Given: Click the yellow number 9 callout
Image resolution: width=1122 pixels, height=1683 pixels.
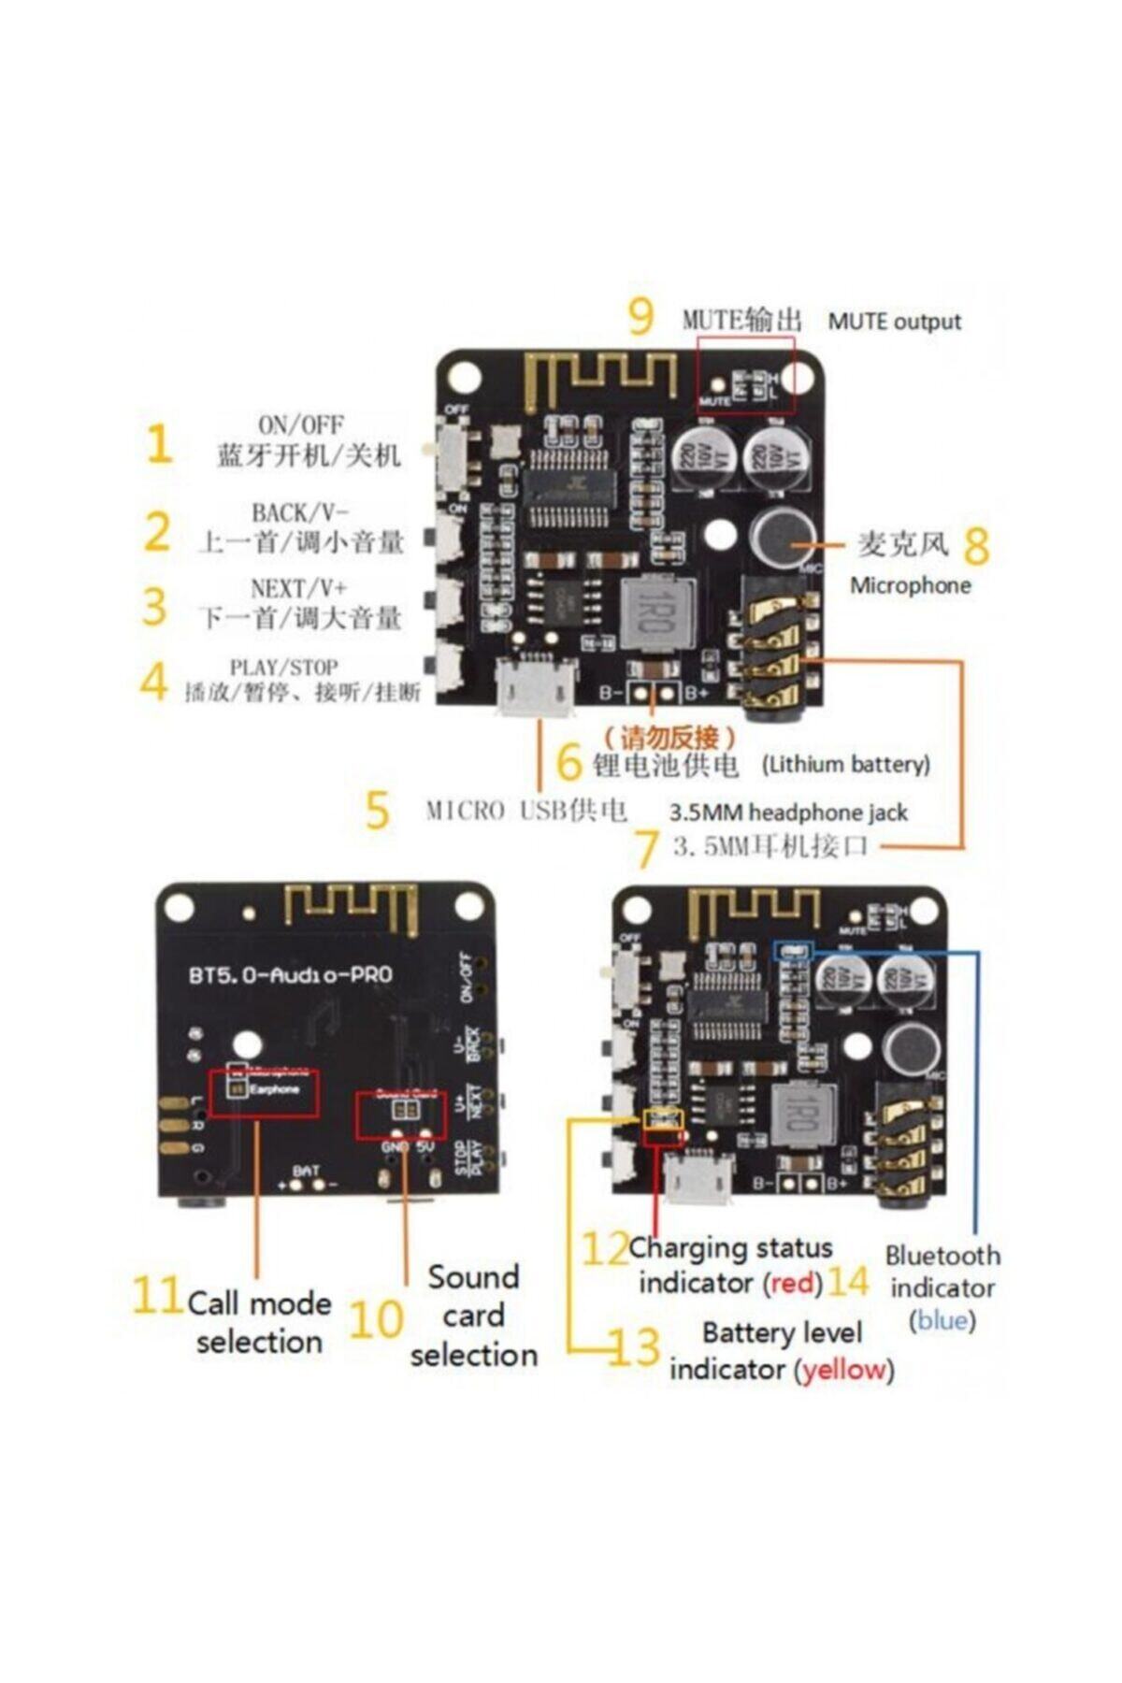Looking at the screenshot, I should [640, 317].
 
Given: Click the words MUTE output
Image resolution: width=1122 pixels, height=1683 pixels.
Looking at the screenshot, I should [894, 322].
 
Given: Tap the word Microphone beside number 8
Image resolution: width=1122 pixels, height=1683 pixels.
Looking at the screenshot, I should [910, 586].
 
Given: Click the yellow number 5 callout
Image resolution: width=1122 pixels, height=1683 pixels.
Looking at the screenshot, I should [376, 810].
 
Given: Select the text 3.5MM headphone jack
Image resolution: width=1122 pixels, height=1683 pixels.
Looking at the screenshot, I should [788, 813].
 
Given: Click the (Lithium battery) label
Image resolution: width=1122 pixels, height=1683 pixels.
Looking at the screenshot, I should [846, 765].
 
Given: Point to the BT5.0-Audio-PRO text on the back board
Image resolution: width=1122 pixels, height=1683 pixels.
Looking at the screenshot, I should [291, 975].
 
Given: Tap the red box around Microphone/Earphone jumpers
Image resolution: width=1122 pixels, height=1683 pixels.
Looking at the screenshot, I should [264, 1093].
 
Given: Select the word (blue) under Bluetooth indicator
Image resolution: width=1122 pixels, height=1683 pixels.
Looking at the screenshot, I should [942, 1320].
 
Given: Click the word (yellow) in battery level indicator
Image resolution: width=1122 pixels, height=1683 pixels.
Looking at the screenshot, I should [844, 1370].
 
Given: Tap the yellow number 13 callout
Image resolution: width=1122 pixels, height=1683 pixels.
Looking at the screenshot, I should [634, 1347].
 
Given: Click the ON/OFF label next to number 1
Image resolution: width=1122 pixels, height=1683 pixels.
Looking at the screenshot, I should [300, 424].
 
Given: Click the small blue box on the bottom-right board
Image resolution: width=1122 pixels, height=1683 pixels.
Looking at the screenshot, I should [795, 951].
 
